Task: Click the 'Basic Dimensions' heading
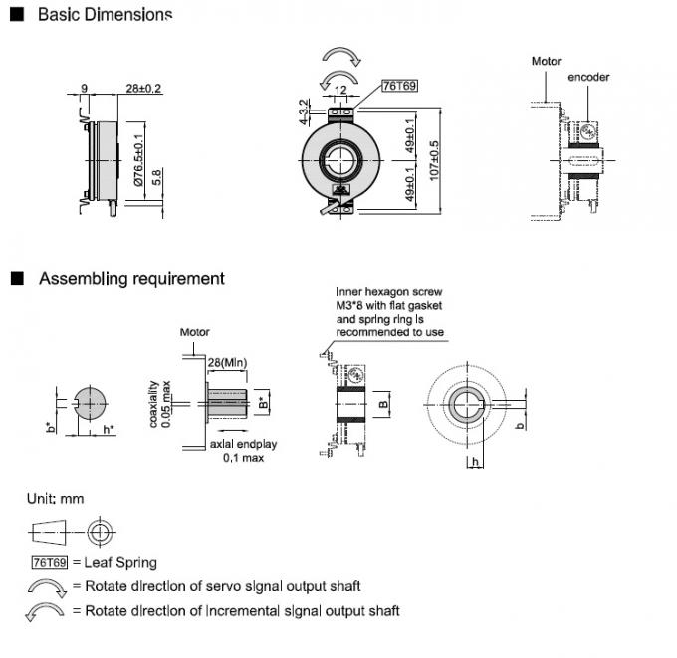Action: pos(105,15)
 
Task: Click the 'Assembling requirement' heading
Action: pos(131,279)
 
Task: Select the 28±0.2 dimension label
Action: pos(144,89)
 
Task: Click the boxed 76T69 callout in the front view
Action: pos(398,88)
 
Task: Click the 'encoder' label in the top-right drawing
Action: pos(588,77)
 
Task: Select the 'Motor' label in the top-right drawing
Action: pos(546,61)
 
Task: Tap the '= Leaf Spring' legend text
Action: pos(114,563)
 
